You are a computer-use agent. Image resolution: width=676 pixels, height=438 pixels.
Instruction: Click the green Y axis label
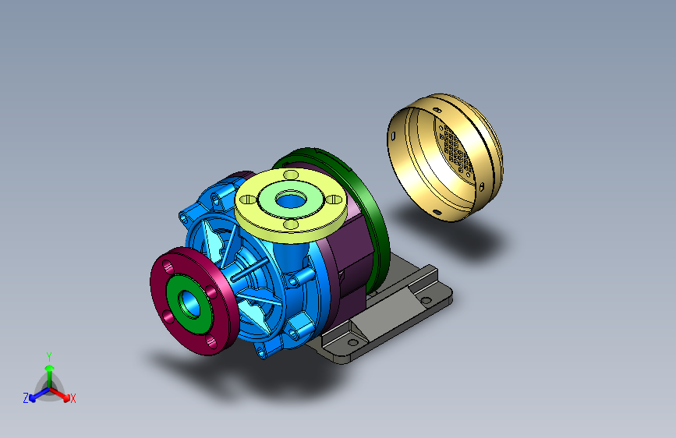pos(49,356)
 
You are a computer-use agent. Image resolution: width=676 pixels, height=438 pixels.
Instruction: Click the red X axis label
pos(73,398)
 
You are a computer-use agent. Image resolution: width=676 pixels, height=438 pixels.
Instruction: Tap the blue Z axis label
pos(26,398)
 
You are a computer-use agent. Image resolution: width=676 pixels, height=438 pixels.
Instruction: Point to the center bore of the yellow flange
pos(292,200)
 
